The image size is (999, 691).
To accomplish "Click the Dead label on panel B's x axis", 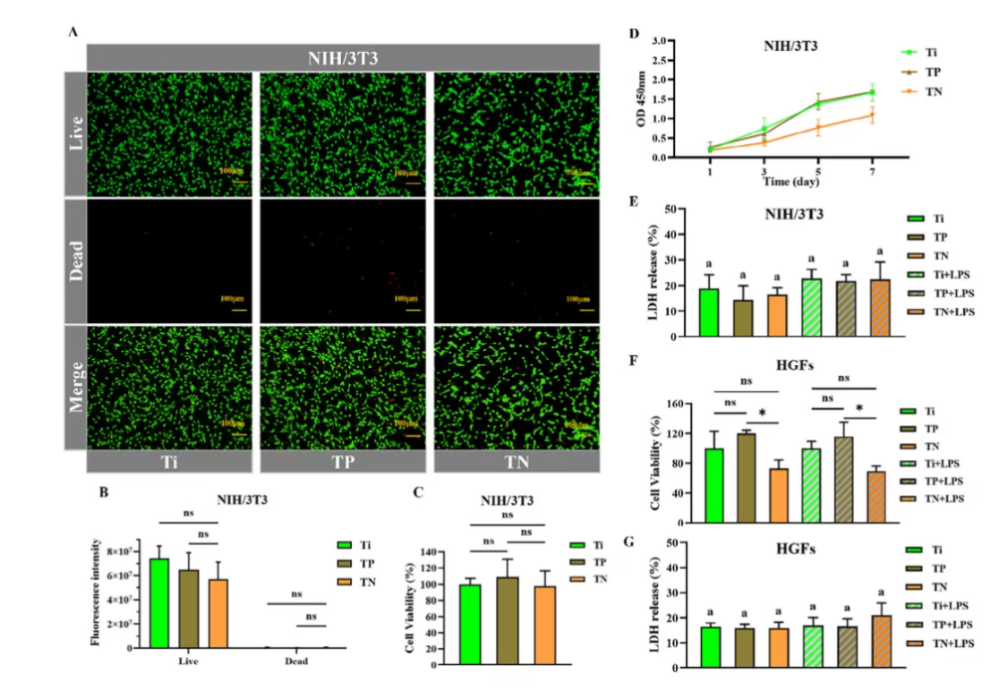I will (x=296, y=661).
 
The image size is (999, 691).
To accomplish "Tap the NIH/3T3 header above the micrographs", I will (x=343, y=57).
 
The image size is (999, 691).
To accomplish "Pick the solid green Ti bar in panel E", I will (x=708, y=312).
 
